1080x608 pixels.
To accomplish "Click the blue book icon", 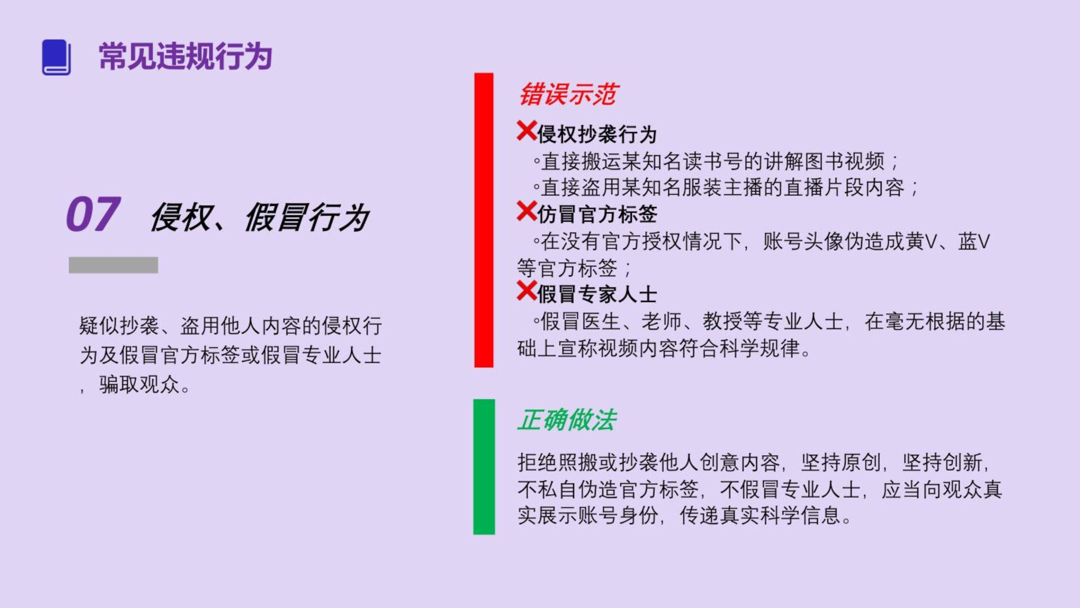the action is click(x=56, y=58).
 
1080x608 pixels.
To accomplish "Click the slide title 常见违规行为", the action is click(x=186, y=56).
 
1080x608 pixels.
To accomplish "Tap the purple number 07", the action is click(x=94, y=214).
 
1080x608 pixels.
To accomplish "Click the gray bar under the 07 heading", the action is click(x=113, y=265).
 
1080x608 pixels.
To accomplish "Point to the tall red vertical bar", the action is click(x=484, y=220).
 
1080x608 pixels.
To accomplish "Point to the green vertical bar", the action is click(x=484, y=467).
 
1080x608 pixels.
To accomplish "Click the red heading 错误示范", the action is click(x=567, y=94).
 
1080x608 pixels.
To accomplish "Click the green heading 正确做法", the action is click(x=567, y=420).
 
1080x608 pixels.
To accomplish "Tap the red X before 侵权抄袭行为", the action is click(x=527, y=131).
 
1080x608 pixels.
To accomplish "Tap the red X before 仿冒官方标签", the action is click(x=527, y=211).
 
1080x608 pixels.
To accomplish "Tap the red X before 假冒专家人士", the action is click(x=527, y=291).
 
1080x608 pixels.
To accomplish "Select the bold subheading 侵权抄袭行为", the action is click(x=597, y=134).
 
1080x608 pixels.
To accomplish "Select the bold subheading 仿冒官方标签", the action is click(x=597, y=214).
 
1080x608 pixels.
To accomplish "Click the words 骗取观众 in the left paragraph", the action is click(x=140, y=385).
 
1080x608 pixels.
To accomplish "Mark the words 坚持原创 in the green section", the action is click(x=841, y=463).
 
